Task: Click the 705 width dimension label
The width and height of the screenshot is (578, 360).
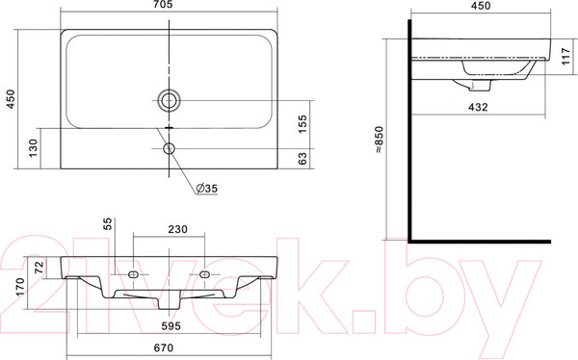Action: pos(164,5)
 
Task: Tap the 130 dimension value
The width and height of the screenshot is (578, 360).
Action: pos(33,148)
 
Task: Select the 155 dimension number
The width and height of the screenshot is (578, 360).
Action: pos(302,124)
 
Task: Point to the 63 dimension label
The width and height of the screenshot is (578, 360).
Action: pos(302,159)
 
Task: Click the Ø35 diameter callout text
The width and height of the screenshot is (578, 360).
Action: pos(207,189)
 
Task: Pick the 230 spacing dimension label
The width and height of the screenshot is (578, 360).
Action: pos(177,229)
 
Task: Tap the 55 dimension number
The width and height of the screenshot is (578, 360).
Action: pos(107,223)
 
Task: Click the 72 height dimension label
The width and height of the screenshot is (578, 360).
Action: pos(39,267)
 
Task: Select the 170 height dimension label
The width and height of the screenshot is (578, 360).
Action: pos(20,286)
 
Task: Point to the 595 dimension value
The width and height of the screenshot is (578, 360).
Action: pos(171,325)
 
